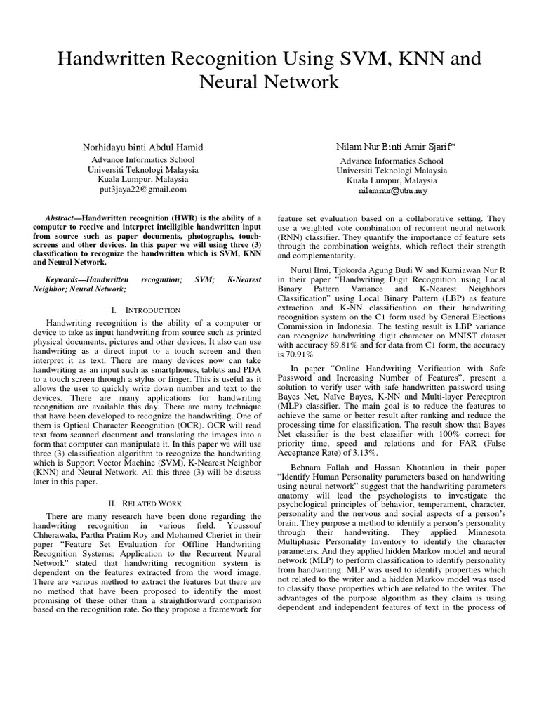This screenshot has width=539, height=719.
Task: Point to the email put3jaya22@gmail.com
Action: pos(142,189)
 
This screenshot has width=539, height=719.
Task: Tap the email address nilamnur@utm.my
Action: pos(392,190)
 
